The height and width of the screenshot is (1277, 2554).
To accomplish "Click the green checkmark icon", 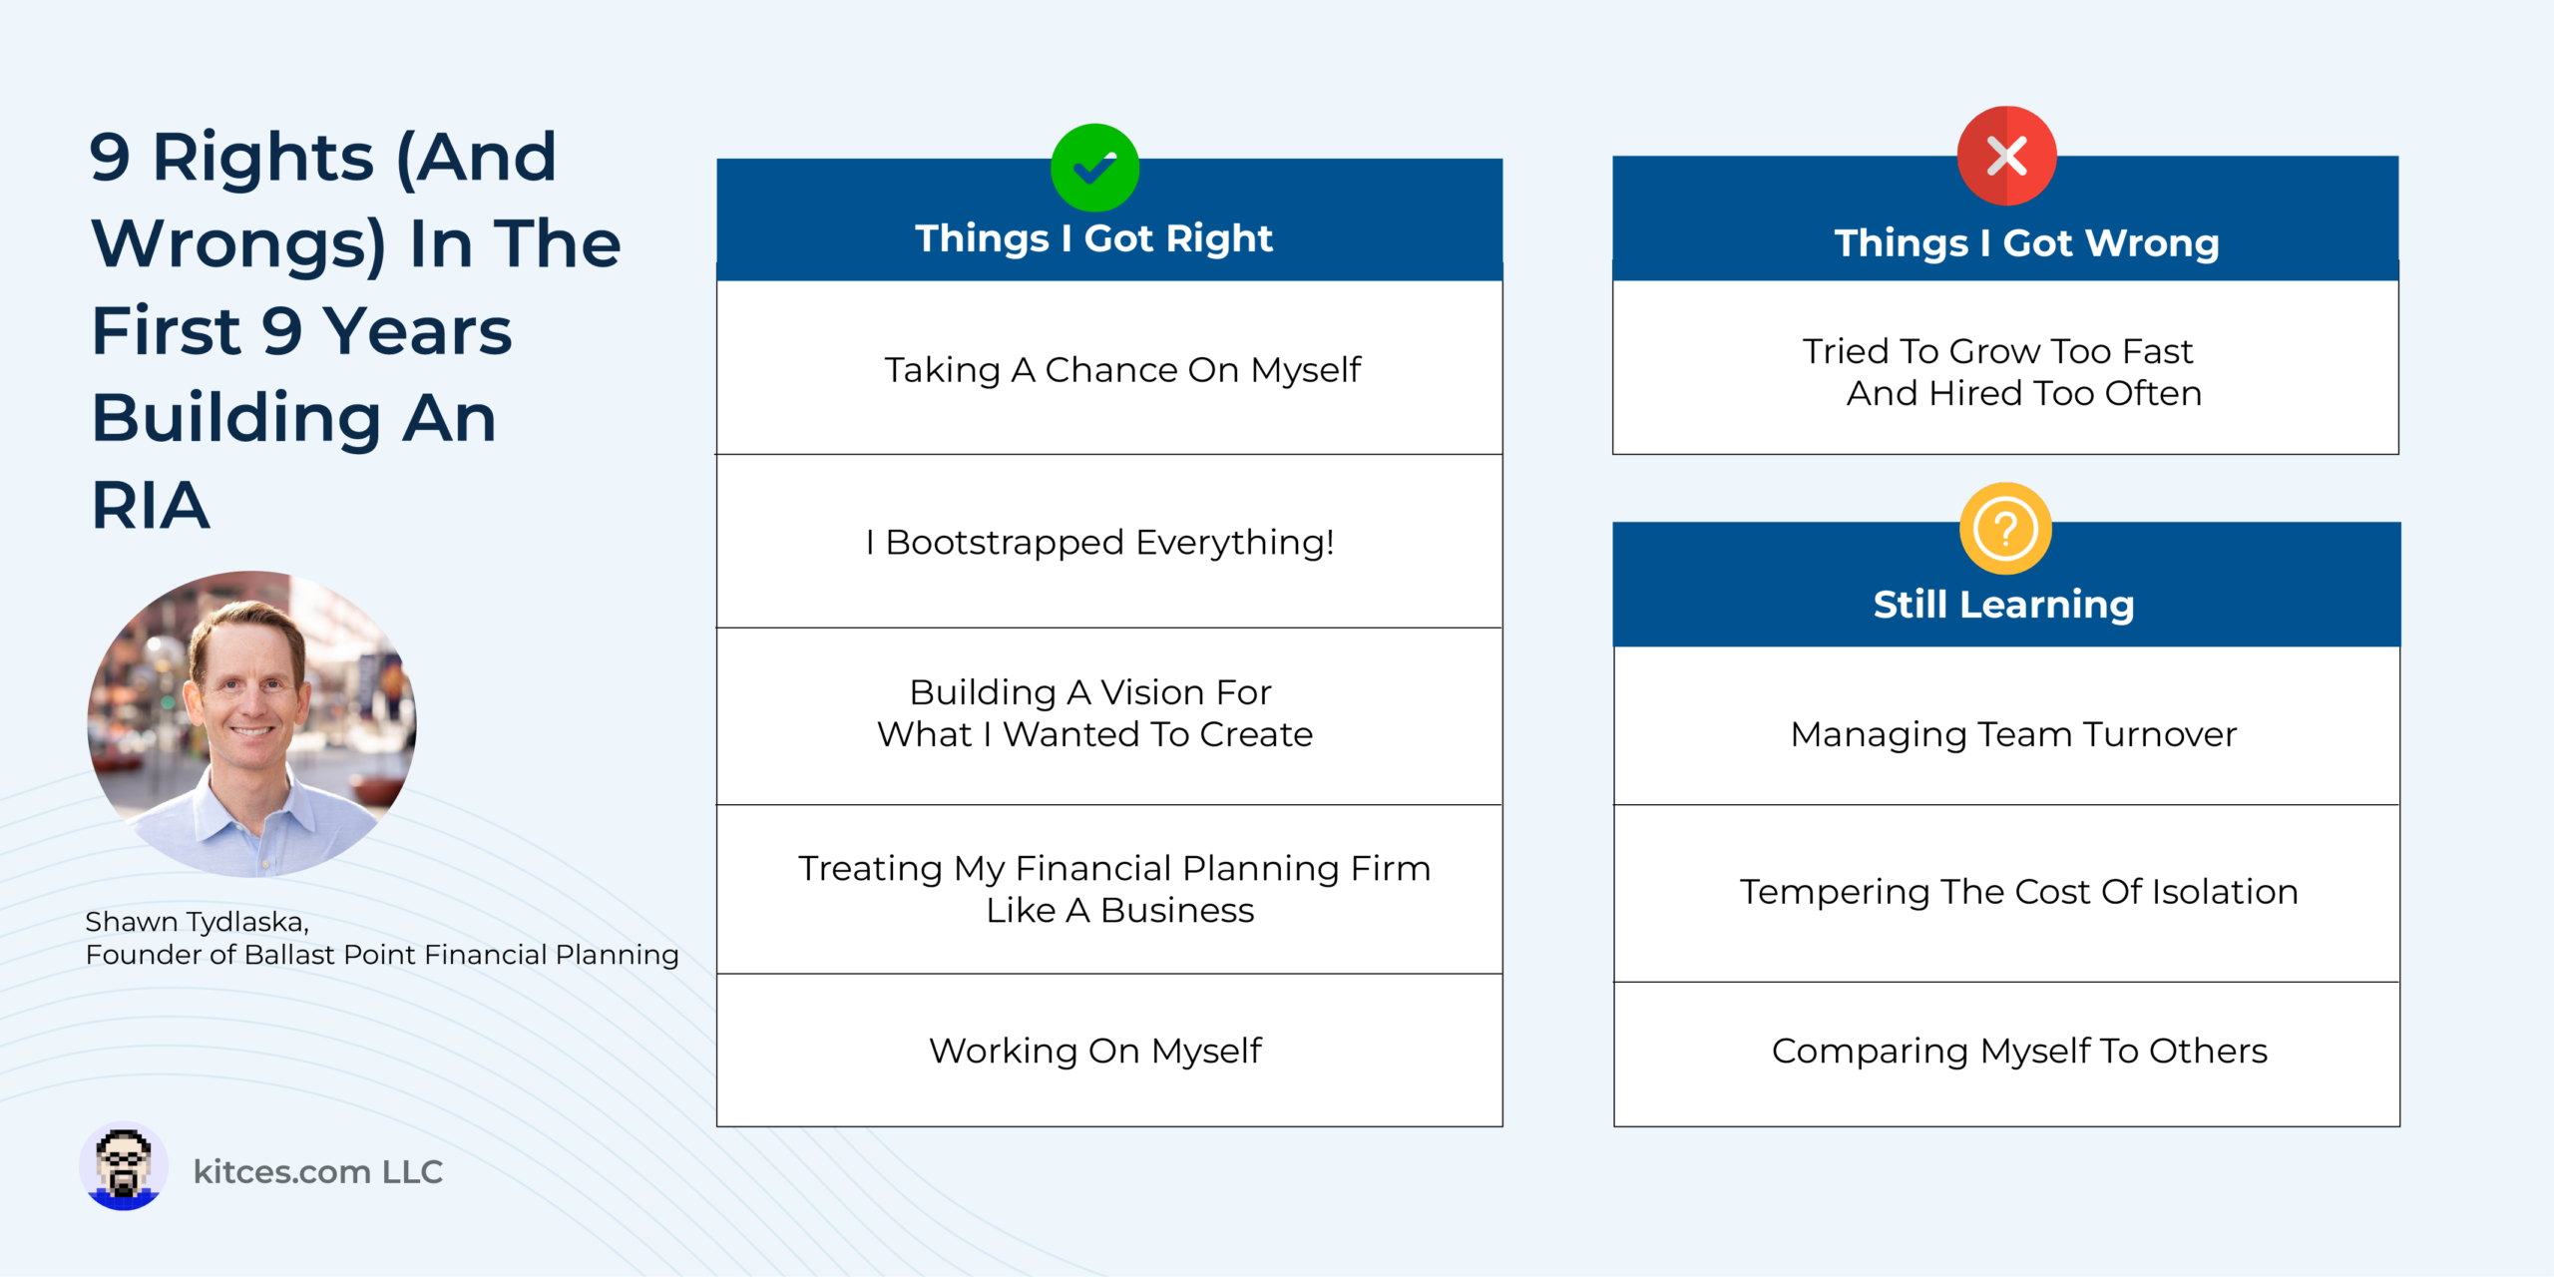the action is click(1094, 168).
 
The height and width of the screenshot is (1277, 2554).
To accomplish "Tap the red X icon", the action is click(2006, 156).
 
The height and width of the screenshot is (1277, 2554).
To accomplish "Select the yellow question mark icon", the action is click(2005, 529).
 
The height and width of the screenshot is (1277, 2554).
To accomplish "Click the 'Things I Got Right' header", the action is click(1094, 238).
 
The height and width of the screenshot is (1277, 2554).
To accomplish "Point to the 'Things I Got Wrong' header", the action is click(2026, 243).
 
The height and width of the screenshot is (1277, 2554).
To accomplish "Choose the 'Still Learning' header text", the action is click(2003, 605).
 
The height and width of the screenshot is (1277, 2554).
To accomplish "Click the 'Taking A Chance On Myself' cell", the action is click(1109, 368).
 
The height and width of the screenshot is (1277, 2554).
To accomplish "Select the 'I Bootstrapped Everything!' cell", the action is click(1109, 542).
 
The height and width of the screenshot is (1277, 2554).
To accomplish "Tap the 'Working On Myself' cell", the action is click(1109, 1051).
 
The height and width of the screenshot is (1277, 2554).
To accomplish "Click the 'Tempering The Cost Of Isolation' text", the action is click(2018, 892).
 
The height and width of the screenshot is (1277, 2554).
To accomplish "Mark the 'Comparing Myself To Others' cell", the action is click(2006, 1055).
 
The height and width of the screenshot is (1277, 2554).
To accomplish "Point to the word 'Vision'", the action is click(1153, 692).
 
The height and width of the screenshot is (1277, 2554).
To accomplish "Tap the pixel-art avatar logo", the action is click(124, 1167).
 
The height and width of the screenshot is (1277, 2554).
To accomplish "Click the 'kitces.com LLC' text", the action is click(318, 1171).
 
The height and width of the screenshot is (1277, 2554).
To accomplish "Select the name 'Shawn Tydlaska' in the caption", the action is click(196, 922).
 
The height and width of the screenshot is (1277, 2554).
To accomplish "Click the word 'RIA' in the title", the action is click(151, 505).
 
